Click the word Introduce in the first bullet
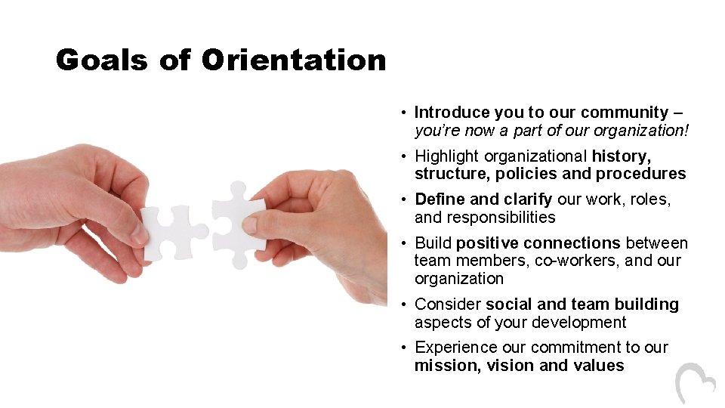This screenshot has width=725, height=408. [452, 113]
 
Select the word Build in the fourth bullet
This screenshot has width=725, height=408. [433, 243]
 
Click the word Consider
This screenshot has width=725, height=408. [448, 304]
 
